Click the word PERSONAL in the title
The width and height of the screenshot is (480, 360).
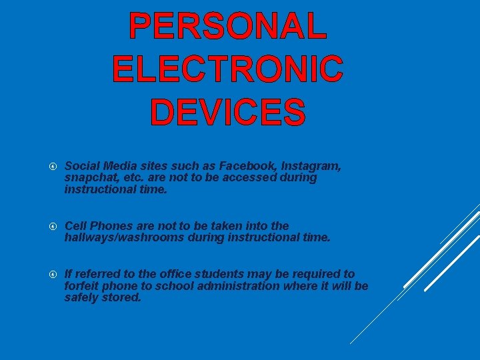(x=228, y=26)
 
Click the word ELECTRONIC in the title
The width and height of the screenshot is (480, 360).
(x=228, y=69)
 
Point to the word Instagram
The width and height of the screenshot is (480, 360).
(x=311, y=165)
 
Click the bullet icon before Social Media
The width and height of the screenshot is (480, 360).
(x=54, y=166)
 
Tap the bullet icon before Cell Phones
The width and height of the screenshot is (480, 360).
(x=54, y=226)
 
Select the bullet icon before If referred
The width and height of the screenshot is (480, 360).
(x=54, y=274)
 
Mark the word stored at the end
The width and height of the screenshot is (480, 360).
(x=122, y=297)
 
